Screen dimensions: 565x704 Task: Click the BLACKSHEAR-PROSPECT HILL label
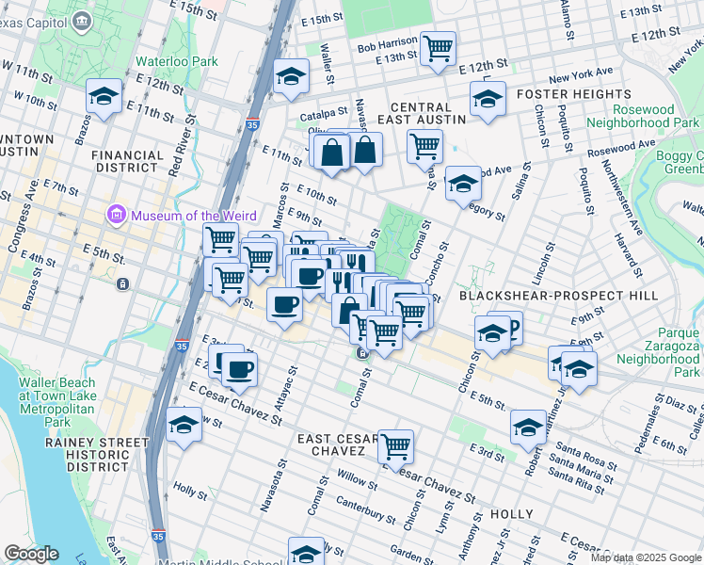[x=546, y=295]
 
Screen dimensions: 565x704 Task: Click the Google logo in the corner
[x=31, y=554]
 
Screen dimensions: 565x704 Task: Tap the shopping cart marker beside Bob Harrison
[x=438, y=47]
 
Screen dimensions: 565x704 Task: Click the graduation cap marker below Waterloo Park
[x=104, y=95]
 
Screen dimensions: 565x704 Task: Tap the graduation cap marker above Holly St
[x=184, y=425]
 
